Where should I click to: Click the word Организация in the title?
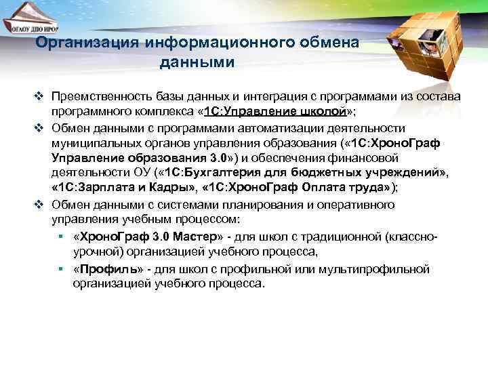(x=87, y=44)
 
